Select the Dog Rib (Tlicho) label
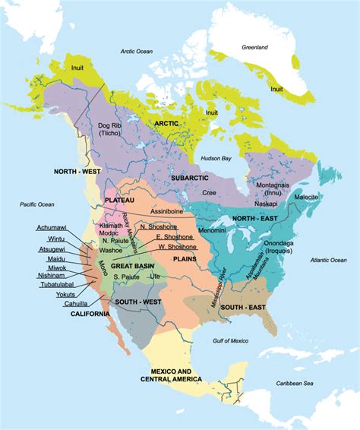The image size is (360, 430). (110, 129)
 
